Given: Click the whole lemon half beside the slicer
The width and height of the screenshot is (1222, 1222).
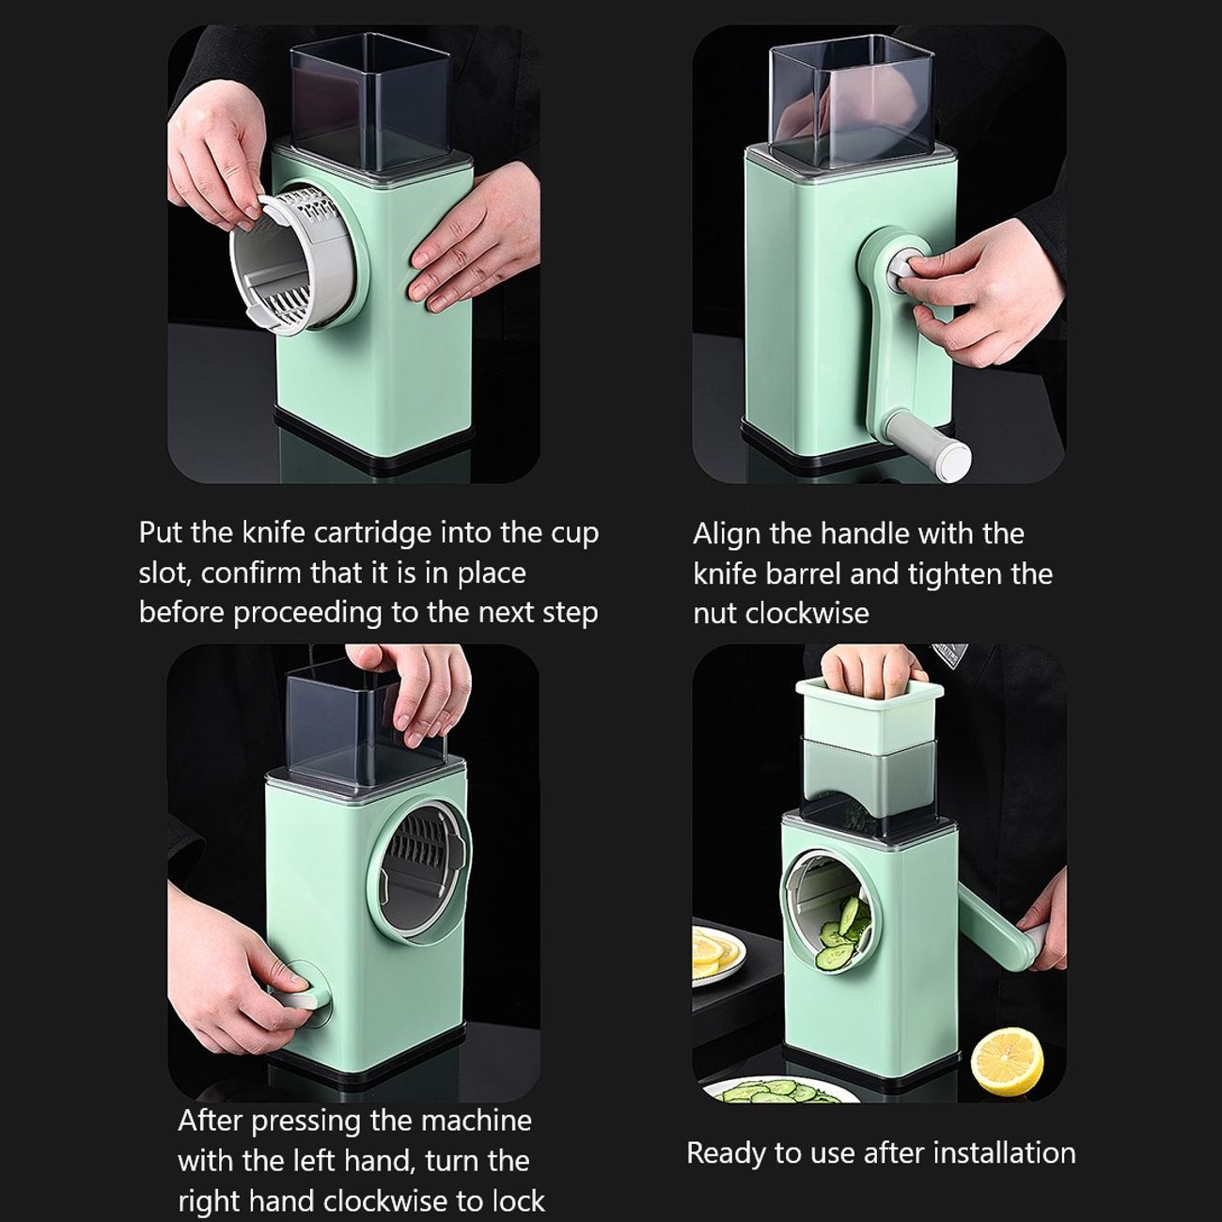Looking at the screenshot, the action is pyautogui.click(x=1007, y=1061).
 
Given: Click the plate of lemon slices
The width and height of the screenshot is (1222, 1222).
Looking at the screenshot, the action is pyautogui.click(x=717, y=958).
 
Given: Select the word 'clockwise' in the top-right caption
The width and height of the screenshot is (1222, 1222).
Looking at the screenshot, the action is pyautogui.click(x=807, y=613).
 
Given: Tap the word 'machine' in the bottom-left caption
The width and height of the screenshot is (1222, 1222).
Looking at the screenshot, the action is pyautogui.click(x=477, y=1120).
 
